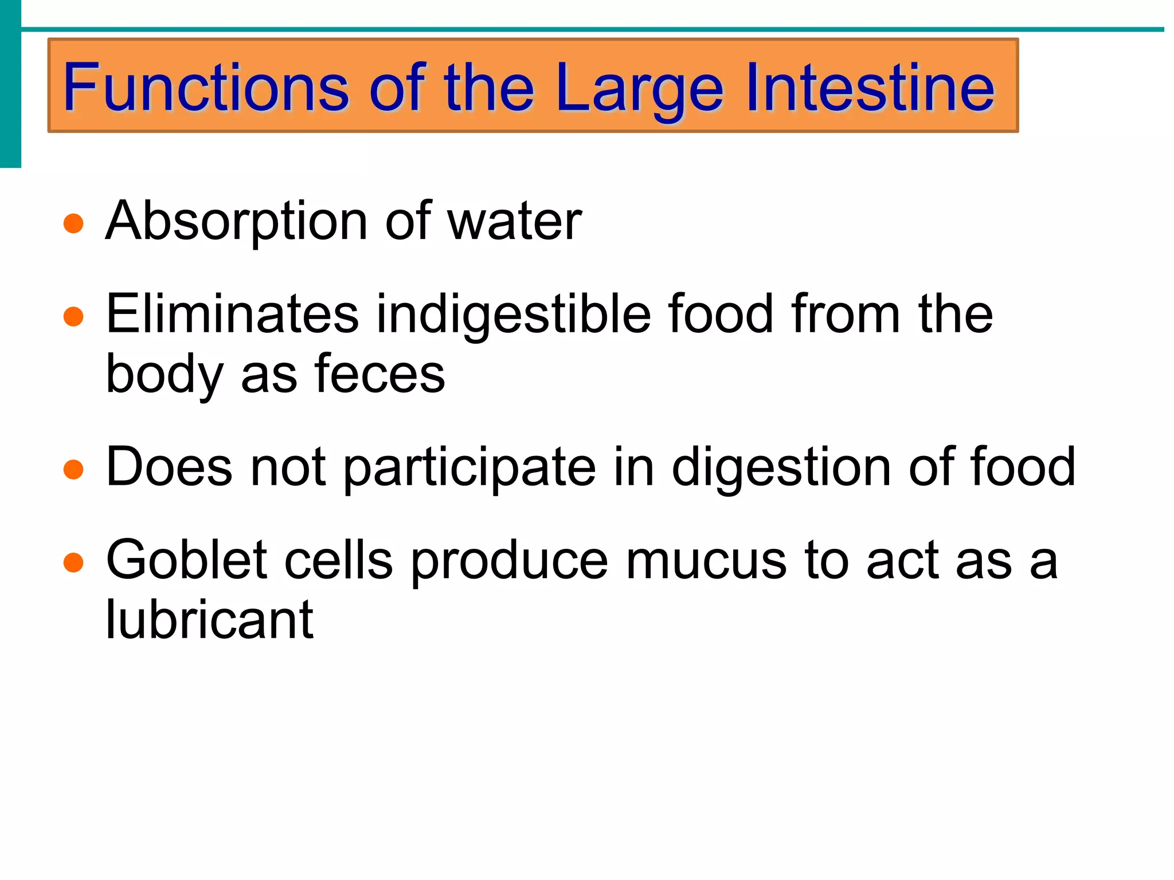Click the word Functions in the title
point(205,88)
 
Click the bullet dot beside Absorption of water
point(73,223)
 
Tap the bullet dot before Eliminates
point(73,316)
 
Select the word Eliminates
point(232,314)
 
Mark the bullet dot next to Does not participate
point(73,469)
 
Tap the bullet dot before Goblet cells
point(73,562)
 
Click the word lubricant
point(210,619)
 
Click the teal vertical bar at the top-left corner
point(10,84)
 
